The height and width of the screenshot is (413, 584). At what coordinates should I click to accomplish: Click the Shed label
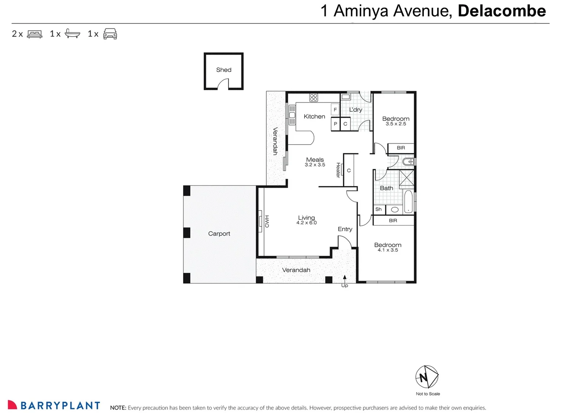point(224,70)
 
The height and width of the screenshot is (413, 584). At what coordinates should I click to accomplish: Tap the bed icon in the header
point(35,34)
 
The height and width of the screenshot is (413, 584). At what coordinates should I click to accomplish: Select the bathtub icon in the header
point(72,34)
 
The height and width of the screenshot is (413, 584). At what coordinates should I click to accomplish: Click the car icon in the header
point(110,34)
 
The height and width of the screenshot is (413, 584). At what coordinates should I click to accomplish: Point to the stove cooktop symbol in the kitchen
point(313,98)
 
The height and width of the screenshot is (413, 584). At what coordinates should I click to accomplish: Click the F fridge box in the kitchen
point(335,110)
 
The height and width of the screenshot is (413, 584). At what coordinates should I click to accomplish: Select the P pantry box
point(335,124)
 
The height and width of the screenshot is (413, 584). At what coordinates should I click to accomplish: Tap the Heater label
point(338,170)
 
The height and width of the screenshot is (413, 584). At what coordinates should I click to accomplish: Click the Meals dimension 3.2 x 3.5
point(315,165)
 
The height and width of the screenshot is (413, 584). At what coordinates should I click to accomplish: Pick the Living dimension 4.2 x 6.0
point(306,223)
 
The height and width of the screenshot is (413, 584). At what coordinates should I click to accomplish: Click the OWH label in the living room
point(267,221)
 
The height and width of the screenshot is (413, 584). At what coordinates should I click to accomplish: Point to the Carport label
point(219,234)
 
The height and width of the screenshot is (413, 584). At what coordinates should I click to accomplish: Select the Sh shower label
point(378,209)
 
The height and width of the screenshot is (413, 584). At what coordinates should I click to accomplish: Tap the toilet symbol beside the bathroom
point(408,162)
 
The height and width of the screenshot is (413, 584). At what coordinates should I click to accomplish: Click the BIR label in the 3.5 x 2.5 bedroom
point(401,148)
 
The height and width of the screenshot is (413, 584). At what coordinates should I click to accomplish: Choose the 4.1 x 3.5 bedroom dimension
point(388,250)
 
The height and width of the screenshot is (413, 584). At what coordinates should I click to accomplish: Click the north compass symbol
point(427,377)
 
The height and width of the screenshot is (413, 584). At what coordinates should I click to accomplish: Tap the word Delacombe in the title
point(501,11)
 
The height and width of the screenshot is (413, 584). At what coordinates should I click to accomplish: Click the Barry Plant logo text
point(60,405)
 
